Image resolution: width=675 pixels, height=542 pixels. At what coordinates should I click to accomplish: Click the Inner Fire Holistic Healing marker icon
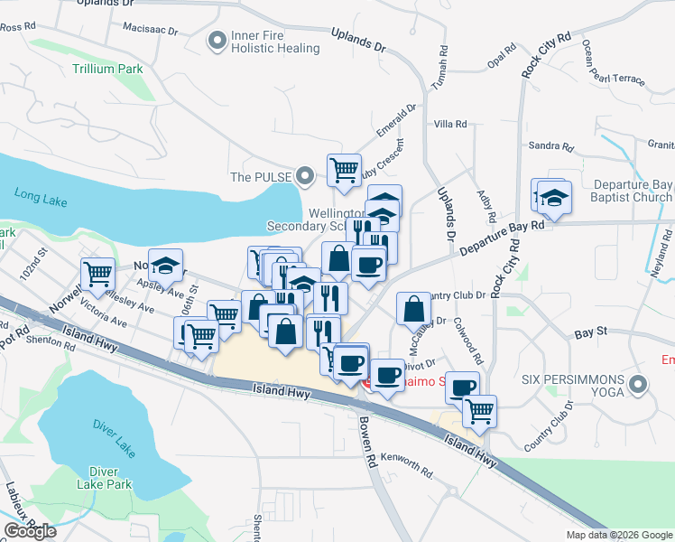217,41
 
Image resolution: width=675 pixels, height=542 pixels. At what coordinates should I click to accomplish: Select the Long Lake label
42,192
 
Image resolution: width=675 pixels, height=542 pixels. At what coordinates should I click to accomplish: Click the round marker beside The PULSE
306,176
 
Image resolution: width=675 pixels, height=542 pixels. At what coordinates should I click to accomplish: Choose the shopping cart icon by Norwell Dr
97,273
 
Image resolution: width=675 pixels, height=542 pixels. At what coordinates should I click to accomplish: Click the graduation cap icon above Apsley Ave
165,265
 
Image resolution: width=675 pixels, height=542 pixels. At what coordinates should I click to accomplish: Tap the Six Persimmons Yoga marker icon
639,386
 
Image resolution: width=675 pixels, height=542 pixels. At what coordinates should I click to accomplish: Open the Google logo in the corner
30,531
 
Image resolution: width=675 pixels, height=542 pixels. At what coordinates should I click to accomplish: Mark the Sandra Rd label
551,146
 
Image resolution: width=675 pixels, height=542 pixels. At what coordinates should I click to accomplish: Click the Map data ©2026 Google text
618,535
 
